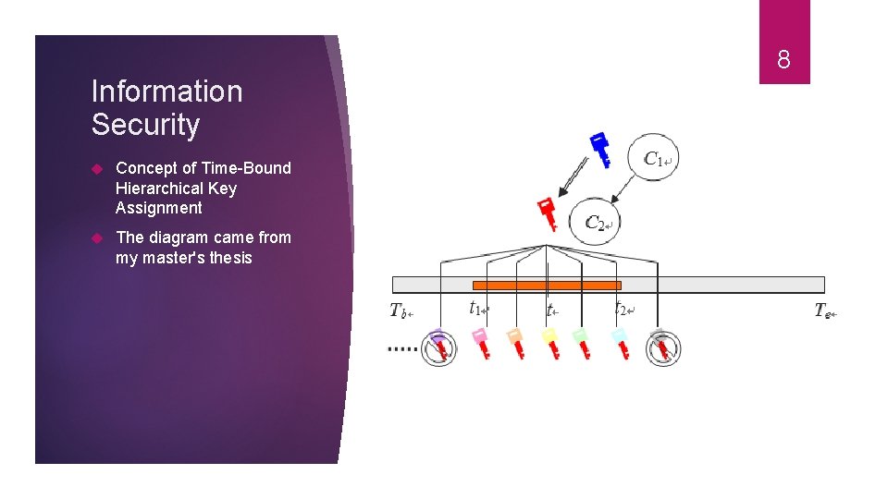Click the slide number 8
[x=783, y=61]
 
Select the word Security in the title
[x=145, y=125]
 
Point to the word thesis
[x=230, y=258]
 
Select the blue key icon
[x=600, y=149]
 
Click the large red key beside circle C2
[x=549, y=213]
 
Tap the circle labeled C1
[x=654, y=159]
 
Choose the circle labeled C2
[x=594, y=223]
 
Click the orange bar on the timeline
[x=547, y=286]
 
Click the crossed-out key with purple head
[x=439, y=347]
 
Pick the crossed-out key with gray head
[x=662, y=347]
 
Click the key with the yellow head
[x=550, y=343]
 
